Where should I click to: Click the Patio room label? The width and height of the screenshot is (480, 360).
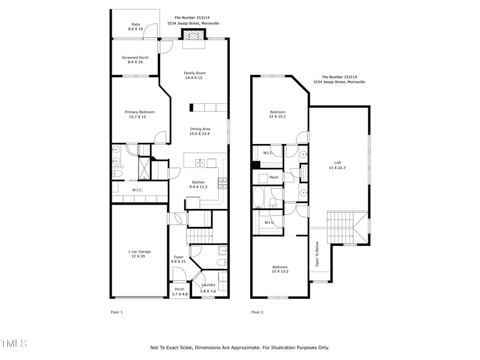click(x=136, y=26)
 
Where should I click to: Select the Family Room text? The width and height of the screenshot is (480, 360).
click(x=194, y=75)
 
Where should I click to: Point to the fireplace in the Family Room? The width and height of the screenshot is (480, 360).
click(x=194, y=37)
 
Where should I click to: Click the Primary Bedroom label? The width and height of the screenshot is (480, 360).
click(x=139, y=114)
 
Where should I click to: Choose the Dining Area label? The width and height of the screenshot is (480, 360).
click(x=200, y=131)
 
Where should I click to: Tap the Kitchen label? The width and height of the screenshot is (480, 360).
click(x=199, y=184)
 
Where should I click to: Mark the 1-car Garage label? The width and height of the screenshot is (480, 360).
click(x=139, y=254)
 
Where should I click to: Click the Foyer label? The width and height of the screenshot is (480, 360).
click(x=178, y=259)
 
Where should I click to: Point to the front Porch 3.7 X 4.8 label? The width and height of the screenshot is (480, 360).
click(x=179, y=292)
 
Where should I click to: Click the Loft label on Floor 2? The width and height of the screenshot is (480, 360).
click(x=337, y=165)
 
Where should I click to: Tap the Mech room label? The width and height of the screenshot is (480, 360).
click(x=274, y=178)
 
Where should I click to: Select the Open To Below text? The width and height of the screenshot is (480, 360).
click(x=316, y=254)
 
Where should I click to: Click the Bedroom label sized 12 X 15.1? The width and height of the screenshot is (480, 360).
click(x=277, y=114)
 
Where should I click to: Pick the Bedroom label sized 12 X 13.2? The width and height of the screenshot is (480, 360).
click(x=280, y=269)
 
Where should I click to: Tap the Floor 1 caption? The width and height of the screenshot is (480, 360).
click(x=116, y=312)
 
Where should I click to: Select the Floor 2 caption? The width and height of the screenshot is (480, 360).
click(x=257, y=312)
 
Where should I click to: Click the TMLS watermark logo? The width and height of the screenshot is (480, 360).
click(x=13, y=344)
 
